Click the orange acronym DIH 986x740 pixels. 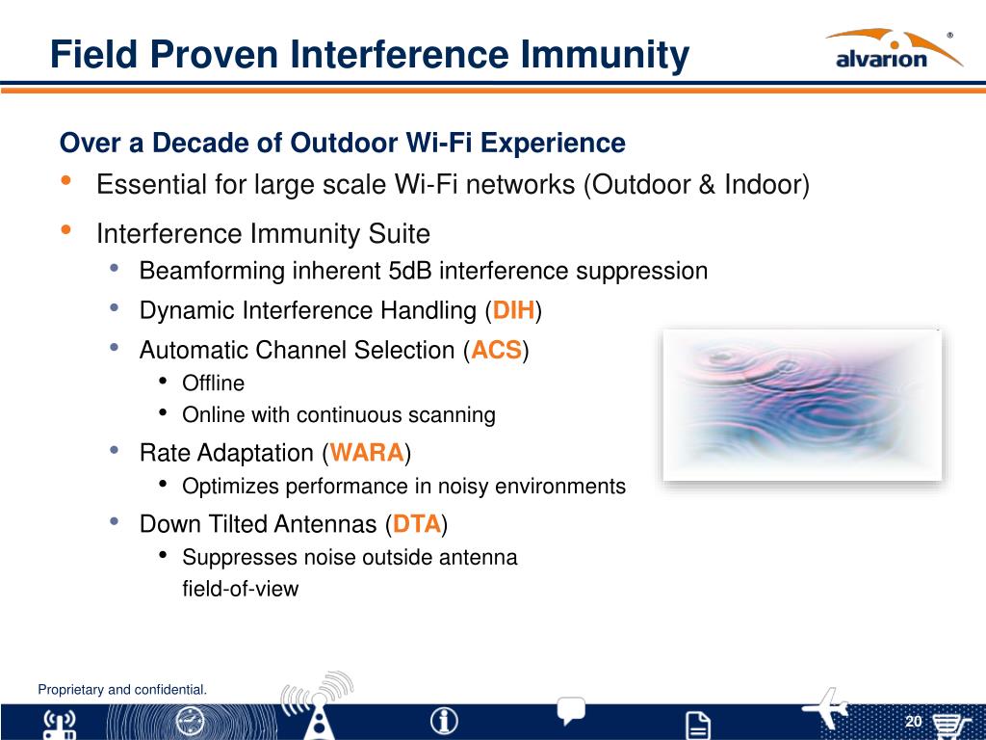pos(514,310)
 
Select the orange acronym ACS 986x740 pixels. pos(496,350)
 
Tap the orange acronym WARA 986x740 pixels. pos(367,453)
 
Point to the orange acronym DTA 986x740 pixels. pos(416,523)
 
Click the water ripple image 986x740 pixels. pos(802,405)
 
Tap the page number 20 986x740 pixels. pos(913,721)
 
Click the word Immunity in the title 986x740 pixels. pos(605,55)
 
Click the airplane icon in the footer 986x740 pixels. pos(825,708)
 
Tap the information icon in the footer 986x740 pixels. pos(444,721)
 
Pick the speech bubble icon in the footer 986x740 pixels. pos(570,710)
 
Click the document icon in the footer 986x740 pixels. pos(697,726)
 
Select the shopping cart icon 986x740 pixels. pos(948,727)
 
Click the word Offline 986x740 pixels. pos(213,383)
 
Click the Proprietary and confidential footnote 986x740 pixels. pos(122,690)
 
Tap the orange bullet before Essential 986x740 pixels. pos(65,180)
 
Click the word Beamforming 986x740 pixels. pos(213,271)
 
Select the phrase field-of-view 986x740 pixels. pos(240,589)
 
